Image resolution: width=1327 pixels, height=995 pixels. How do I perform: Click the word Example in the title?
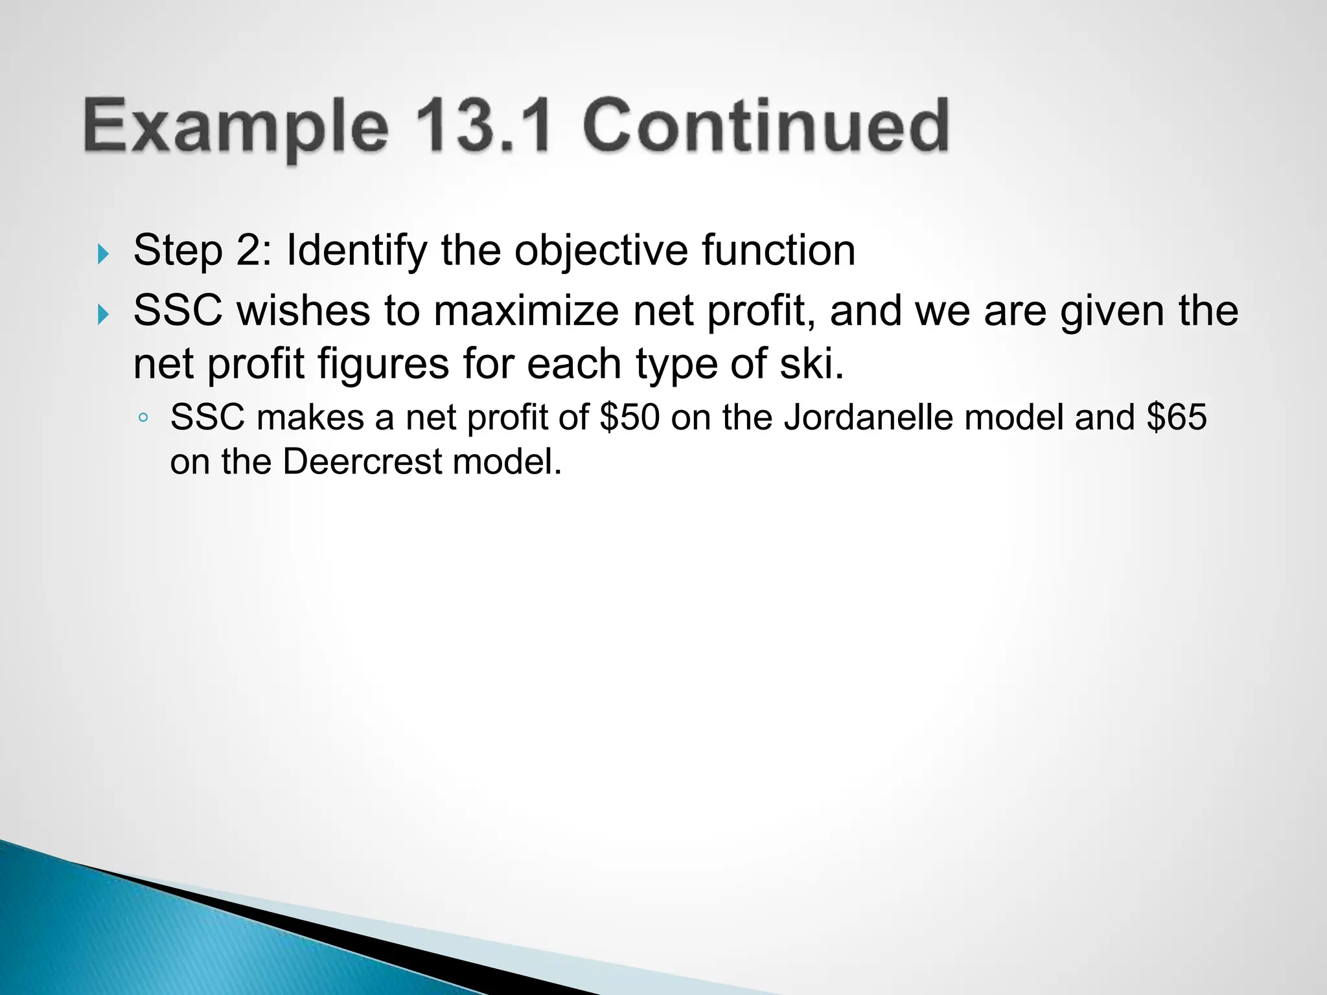pyautogui.click(x=235, y=126)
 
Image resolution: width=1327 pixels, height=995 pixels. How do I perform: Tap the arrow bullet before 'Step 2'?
pyautogui.click(x=103, y=254)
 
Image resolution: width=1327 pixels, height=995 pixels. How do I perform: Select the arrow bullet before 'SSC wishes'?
pyautogui.click(x=103, y=315)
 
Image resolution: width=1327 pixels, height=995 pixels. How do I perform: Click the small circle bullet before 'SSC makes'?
pyautogui.click(x=144, y=418)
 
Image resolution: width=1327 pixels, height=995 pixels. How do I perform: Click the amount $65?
pyautogui.click(x=1176, y=417)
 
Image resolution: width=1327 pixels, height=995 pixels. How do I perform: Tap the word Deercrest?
pyautogui.click(x=362, y=463)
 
